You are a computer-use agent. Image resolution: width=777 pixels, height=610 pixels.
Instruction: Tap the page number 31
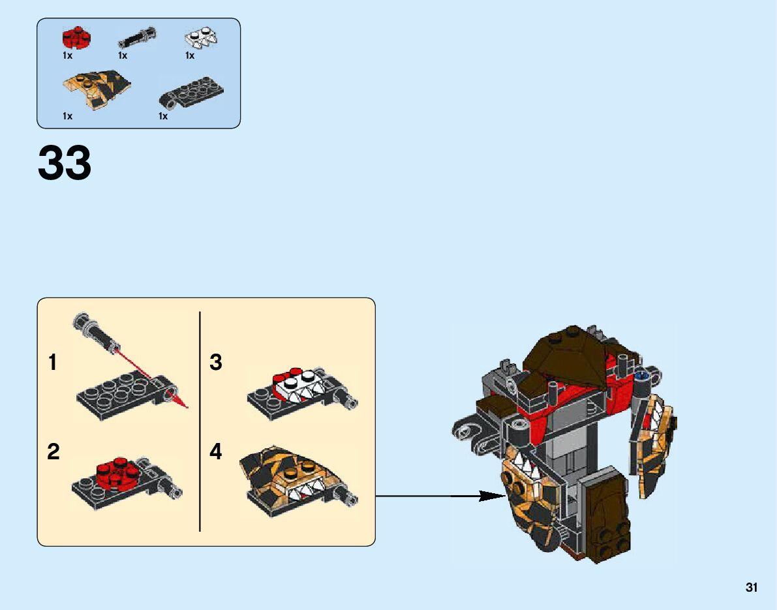coord(752,588)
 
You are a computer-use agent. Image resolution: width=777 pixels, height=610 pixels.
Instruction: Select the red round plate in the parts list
coord(76,38)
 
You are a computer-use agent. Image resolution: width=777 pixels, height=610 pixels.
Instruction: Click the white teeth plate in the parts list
coord(201,38)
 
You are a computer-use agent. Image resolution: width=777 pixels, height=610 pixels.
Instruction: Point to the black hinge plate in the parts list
coord(192,93)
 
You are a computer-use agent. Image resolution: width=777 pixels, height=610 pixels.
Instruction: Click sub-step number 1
coord(53,363)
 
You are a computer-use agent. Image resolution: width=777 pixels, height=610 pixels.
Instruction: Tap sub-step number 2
coord(53,451)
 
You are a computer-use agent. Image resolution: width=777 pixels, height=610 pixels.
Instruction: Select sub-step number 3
coord(216,363)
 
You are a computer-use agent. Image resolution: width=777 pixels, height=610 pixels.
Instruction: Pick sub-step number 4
coord(216,451)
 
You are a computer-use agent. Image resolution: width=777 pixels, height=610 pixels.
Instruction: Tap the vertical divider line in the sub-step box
coord(200,421)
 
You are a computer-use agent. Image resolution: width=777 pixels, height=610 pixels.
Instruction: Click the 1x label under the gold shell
coord(67,116)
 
